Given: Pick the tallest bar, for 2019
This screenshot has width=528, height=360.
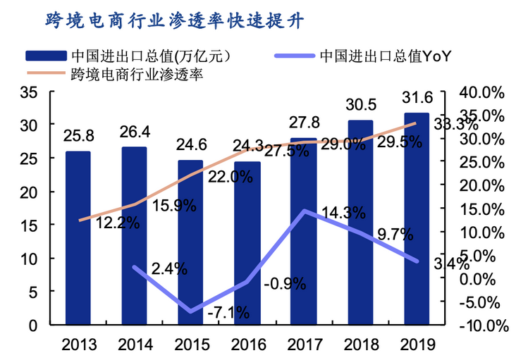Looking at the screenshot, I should (x=416, y=218).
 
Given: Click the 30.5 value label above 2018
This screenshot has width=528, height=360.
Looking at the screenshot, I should (x=360, y=105).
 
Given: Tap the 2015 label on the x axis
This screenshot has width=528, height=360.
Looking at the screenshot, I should (x=190, y=344).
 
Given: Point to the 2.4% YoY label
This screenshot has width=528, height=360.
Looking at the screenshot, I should (x=169, y=268).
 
